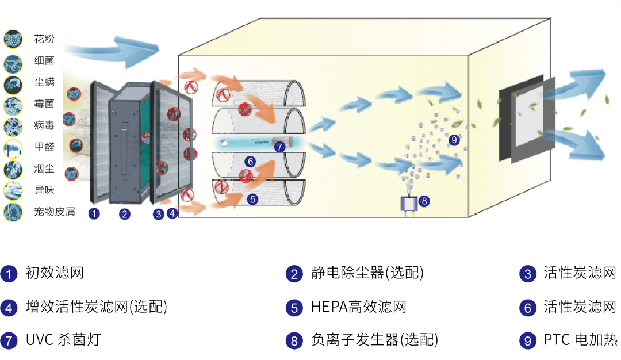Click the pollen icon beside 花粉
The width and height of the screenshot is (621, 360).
point(13,39)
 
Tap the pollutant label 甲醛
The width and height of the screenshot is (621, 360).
point(44,147)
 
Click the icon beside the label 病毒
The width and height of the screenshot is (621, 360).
point(13,125)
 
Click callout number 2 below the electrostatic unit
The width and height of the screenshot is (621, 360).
point(125,215)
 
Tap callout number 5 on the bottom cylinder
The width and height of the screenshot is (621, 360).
point(252,200)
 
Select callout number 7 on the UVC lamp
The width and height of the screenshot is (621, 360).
point(279,147)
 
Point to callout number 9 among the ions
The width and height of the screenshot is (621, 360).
point(454,139)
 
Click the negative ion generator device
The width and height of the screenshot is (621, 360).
point(409,204)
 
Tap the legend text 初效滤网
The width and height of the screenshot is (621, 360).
point(55,273)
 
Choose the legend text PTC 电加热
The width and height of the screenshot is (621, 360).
point(580,340)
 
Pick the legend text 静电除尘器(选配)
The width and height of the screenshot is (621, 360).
point(367,273)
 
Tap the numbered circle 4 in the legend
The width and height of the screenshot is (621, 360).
point(9,307)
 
